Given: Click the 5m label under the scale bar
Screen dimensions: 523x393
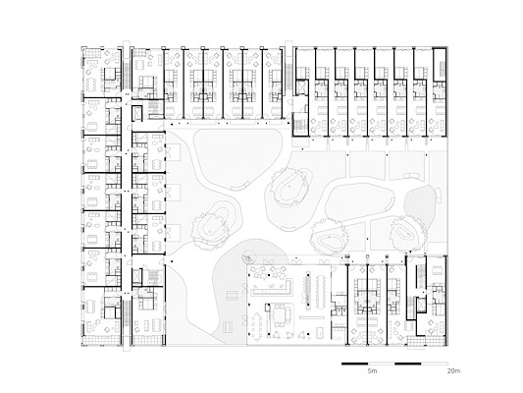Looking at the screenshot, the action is tap(372, 370).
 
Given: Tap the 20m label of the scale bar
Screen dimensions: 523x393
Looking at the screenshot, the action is tap(453, 370).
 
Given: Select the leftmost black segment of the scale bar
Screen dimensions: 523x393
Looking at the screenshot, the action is tap(354, 364).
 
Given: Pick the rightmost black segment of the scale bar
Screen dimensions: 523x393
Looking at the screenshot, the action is tap(407, 364).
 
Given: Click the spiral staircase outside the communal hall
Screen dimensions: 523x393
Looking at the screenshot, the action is tap(247, 258).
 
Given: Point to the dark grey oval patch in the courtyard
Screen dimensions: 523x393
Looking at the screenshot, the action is tap(420, 202).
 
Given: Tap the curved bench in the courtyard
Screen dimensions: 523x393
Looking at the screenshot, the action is tap(412, 176).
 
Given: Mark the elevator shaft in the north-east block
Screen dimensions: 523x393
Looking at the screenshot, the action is tap(302, 87).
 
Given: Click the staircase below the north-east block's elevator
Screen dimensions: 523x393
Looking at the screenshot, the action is tap(300, 125).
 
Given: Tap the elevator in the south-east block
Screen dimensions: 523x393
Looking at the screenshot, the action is tap(419, 305).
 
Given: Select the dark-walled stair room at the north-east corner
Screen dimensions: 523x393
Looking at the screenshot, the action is tap(440, 65).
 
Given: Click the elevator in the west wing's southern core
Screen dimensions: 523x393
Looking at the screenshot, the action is tap(137, 275).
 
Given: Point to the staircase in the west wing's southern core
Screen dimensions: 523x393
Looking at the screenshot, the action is tap(153, 276).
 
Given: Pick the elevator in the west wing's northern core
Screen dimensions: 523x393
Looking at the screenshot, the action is tap(136, 114).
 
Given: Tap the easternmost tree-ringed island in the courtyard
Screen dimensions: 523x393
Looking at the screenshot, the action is tap(407, 233).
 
